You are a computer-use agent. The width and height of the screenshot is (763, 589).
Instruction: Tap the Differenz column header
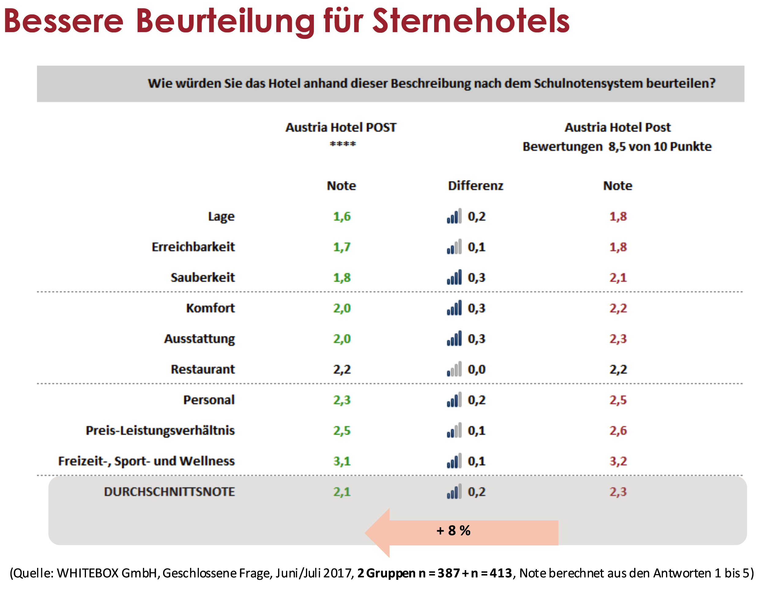[475, 185]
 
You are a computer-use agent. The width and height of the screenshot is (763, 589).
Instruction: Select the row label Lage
[221, 216]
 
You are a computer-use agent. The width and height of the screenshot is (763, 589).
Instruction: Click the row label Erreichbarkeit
[193, 247]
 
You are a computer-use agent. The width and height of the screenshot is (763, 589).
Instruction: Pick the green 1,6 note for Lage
[342, 216]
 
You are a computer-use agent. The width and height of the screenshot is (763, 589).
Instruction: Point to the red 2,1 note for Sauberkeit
[618, 278]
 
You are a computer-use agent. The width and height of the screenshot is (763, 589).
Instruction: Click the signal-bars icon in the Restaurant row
[454, 369]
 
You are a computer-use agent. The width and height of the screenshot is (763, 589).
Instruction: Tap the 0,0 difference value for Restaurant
[477, 369]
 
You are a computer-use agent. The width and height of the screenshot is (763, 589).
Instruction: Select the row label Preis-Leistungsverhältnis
[160, 431]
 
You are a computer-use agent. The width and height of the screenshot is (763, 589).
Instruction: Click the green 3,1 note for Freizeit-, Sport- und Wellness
[342, 461]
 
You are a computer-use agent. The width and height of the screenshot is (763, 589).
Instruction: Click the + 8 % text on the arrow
[453, 530]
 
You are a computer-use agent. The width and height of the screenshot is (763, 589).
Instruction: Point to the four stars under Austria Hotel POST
[343, 144]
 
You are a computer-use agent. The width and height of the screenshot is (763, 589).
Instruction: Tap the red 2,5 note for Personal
[618, 400]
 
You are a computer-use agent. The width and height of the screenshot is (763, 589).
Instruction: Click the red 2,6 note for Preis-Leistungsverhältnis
[618, 431]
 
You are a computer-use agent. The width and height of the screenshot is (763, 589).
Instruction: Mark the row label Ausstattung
[199, 339]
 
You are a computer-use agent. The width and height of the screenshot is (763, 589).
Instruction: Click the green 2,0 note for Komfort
[342, 308]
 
